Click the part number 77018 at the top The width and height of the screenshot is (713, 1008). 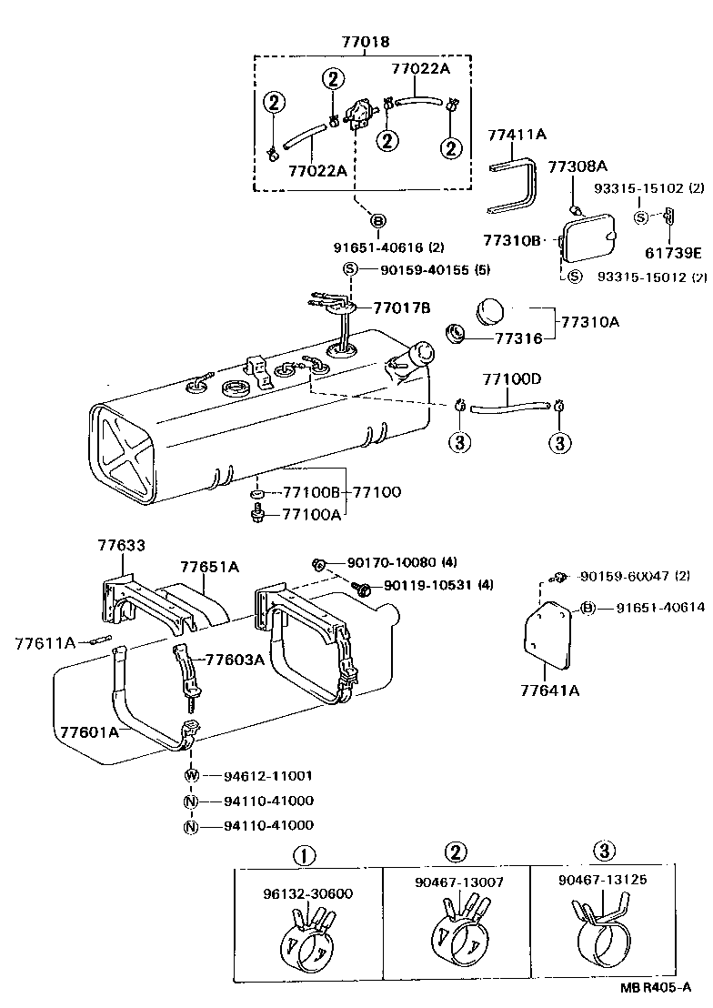[365, 42]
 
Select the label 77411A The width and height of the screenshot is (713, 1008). [515, 135]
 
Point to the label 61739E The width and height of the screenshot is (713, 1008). [675, 253]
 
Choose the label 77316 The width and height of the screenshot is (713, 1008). [518, 338]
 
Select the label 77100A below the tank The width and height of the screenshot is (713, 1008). [311, 515]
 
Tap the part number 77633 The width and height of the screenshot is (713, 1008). [122, 545]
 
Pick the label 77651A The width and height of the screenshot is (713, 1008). [209, 567]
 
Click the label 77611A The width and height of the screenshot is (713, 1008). [45, 643]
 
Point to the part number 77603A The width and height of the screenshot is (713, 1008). [235, 660]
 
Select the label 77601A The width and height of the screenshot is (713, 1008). [89, 731]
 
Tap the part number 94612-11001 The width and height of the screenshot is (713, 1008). [268, 776]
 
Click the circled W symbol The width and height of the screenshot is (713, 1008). [191, 776]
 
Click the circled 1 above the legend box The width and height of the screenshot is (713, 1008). [304, 854]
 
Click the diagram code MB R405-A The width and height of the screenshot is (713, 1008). [658, 988]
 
